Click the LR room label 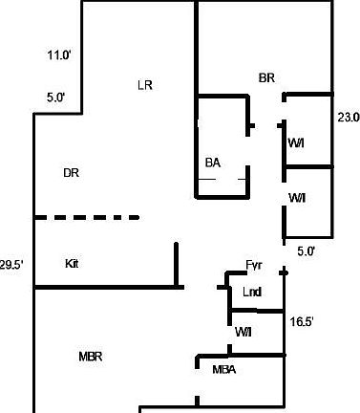[145, 85]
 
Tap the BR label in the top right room [267, 77]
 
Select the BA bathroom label [213, 163]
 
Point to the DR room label [71, 173]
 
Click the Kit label [73, 263]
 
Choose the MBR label [90, 357]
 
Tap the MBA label [223, 370]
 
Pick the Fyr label [254, 266]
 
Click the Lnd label [252, 292]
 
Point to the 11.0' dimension [59, 55]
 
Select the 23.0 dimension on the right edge [348, 118]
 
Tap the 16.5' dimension [302, 323]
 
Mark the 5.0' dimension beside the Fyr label [307, 251]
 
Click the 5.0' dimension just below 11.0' [55, 97]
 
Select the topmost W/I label [297, 142]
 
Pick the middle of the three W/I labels [297, 198]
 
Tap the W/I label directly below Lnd [243, 331]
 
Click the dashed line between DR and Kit [88, 218]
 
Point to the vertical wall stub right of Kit [177, 264]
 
